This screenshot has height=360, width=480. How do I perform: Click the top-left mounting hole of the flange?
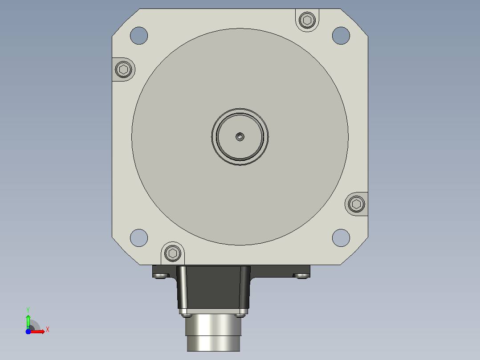[139, 36]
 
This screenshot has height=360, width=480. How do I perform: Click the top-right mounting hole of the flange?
[341, 36]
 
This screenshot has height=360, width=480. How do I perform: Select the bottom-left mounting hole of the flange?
[139, 238]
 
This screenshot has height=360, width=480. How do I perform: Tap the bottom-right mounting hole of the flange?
[341, 238]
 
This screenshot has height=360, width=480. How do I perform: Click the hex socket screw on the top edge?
[307, 20]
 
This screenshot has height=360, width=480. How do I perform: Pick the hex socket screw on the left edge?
[124, 70]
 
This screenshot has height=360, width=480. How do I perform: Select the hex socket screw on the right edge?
[356, 204]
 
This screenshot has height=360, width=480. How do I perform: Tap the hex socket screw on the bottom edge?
[173, 253]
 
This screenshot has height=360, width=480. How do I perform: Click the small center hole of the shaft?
[240, 137]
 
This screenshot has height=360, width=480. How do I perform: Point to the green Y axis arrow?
[28, 322]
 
